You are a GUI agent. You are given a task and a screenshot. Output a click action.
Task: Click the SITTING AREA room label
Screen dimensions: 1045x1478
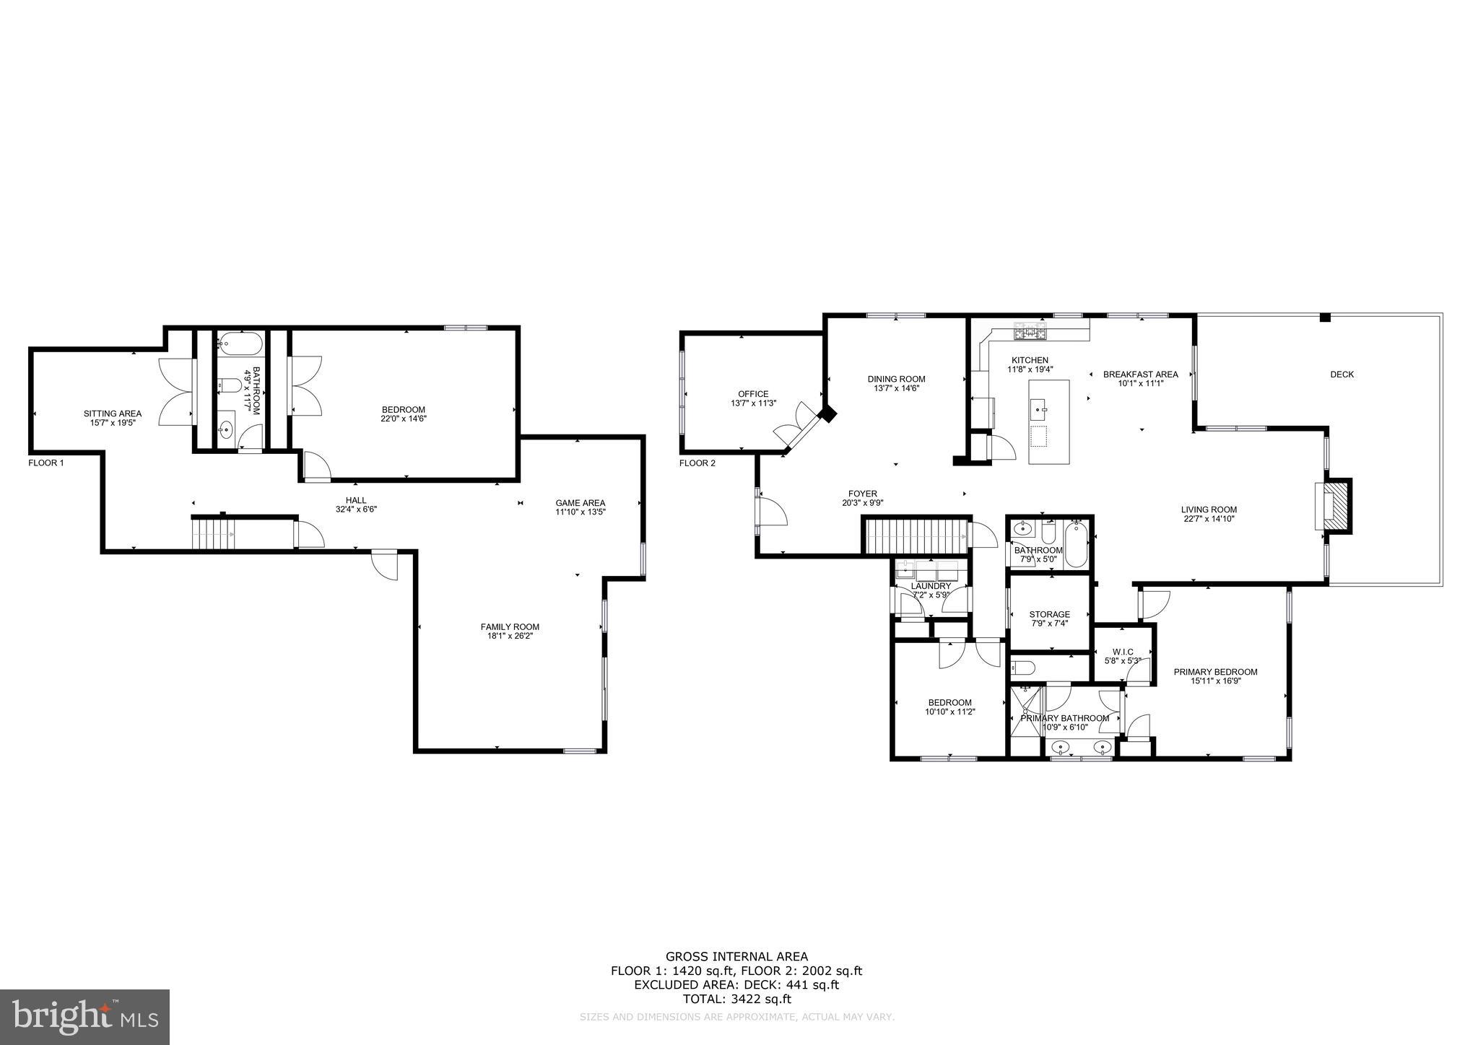click(x=113, y=414)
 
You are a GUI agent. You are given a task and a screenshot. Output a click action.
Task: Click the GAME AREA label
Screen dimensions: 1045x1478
click(x=580, y=503)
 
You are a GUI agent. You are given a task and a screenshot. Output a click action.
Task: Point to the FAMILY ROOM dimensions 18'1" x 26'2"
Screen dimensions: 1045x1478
click(x=510, y=636)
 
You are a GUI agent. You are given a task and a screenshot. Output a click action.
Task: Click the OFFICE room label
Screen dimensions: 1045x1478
click(x=753, y=394)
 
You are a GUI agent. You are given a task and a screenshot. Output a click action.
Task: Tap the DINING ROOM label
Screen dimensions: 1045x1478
click(x=896, y=379)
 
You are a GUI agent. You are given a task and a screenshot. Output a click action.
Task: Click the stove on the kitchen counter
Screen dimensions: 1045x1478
click(x=1030, y=333)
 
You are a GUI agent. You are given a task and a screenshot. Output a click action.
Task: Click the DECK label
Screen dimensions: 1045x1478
click(x=1342, y=374)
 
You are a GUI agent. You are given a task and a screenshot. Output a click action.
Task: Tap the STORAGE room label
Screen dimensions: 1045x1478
click(x=1049, y=614)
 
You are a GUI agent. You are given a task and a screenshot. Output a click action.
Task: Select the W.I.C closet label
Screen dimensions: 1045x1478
click(x=1123, y=652)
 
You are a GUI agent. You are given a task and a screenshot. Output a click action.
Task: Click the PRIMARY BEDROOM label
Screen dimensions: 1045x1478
click(x=1215, y=671)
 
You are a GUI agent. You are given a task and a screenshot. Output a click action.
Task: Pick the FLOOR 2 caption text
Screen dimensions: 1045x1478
click(x=697, y=463)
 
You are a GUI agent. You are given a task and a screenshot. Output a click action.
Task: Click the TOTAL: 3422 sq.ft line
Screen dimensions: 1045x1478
click(x=736, y=999)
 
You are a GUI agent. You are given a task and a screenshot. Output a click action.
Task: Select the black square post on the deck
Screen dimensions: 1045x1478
click(x=1325, y=318)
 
